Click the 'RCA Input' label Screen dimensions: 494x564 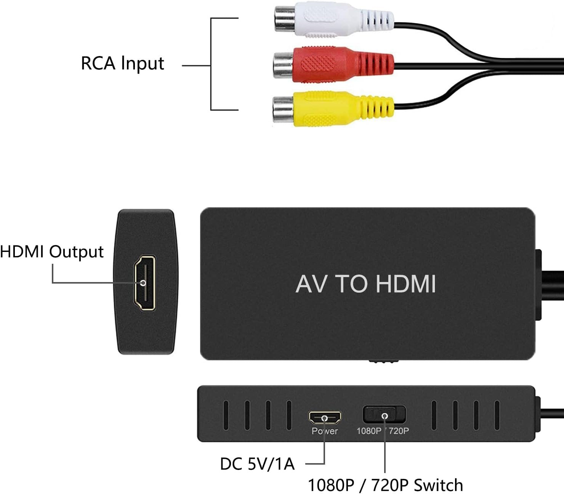122,63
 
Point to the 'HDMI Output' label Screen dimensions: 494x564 52,252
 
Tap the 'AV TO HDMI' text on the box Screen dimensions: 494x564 365,284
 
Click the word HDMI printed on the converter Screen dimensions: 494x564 405,284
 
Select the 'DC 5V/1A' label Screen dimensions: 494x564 257,464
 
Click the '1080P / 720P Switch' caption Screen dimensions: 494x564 385,485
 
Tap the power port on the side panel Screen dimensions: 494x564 325,418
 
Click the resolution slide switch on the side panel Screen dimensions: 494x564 384,415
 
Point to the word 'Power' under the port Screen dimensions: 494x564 325,431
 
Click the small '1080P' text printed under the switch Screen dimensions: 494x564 369,431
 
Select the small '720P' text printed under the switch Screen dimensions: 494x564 399,431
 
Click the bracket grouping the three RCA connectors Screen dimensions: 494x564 211,64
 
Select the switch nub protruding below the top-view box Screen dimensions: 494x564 384,361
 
